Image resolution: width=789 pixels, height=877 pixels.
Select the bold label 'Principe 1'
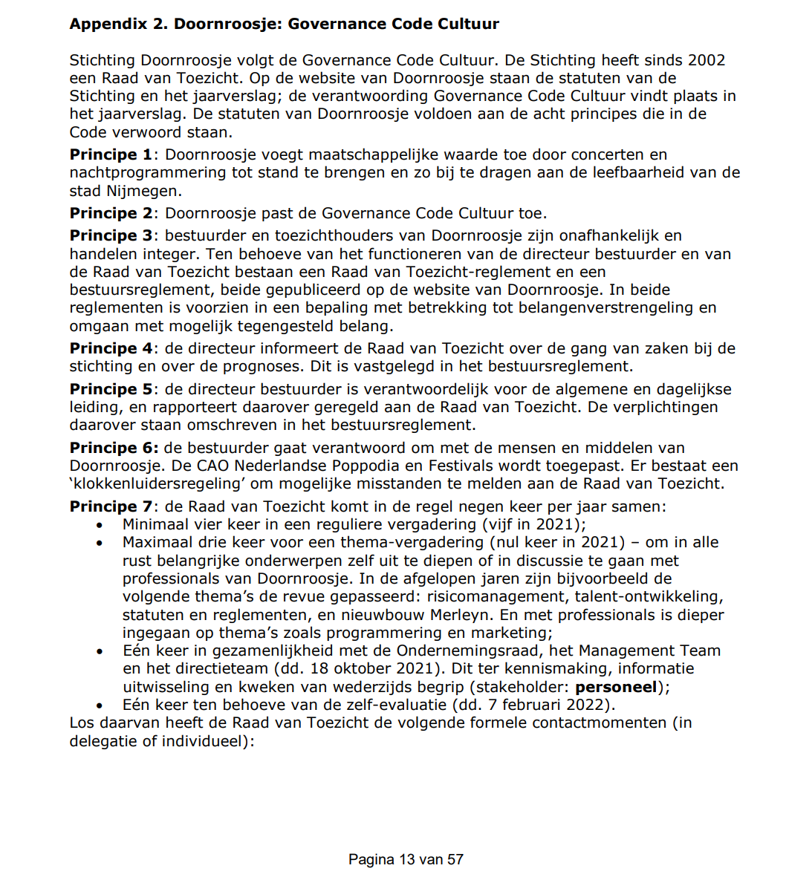click(111, 154)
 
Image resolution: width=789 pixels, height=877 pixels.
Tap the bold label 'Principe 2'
click(111, 213)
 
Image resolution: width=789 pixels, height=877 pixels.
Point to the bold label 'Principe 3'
click(111, 236)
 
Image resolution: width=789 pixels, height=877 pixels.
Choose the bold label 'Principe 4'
click(111, 348)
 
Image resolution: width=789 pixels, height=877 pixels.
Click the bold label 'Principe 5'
click(111, 389)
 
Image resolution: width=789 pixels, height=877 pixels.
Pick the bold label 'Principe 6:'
click(114, 448)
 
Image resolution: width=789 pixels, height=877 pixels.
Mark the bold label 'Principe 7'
click(111, 506)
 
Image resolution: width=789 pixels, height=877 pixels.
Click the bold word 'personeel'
click(616, 687)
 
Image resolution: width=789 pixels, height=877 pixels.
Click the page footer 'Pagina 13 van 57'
click(406, 860)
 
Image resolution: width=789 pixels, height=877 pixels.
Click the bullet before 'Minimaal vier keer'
click(100, 525)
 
